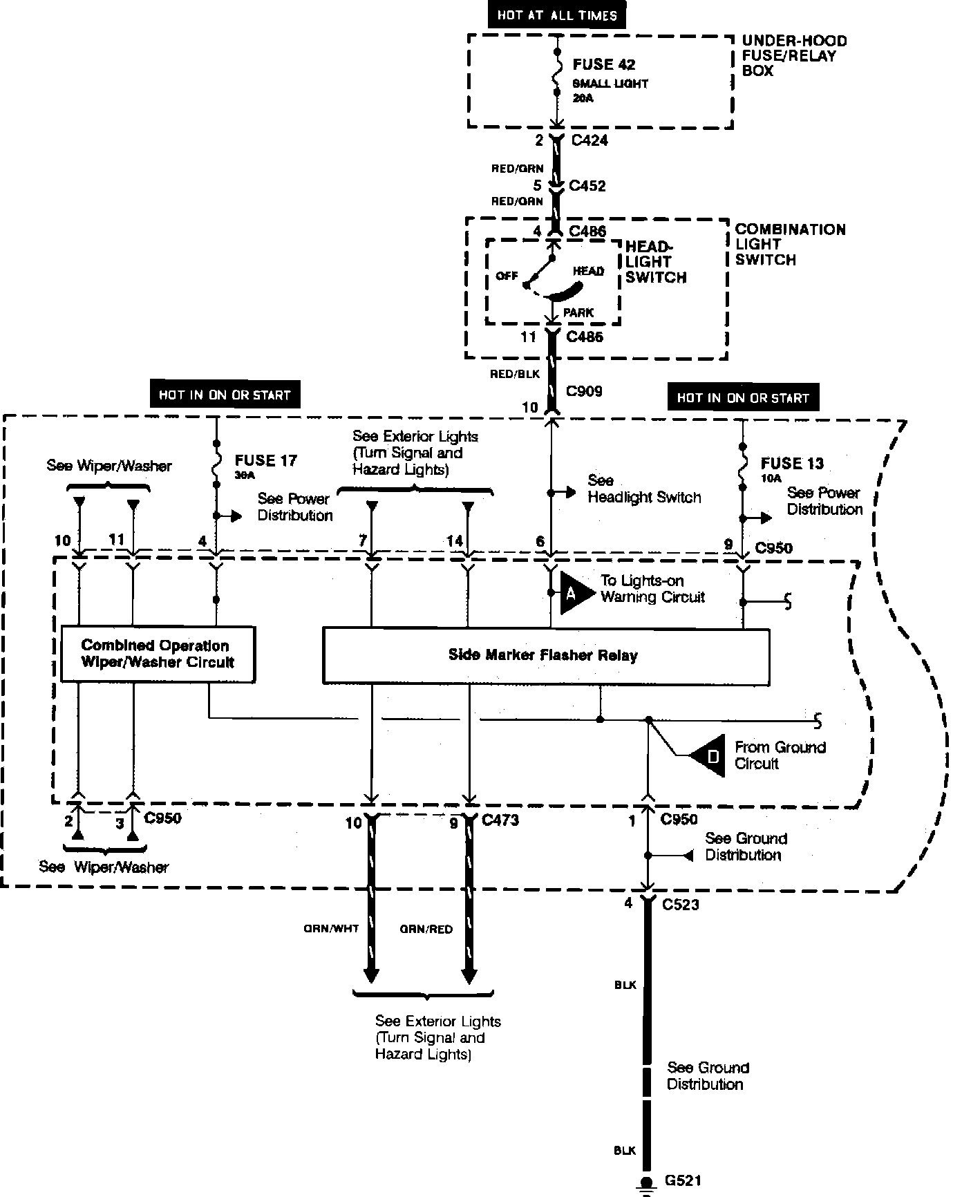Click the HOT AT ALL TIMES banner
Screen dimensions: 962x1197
(x=556, y=15)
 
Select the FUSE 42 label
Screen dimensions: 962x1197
(x=604, y=64)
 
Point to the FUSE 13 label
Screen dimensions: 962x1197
(x=792, y=463)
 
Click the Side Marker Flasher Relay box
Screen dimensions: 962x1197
(x=546, y=656)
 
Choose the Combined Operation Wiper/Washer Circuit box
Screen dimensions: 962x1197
(x=158, y=654)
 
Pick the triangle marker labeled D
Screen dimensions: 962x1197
(x=707, y=755)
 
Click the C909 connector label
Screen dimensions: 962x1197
(x=584, y=391)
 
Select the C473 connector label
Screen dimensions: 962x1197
(x=500, y=820)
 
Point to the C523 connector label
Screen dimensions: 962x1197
(x=680, y=904)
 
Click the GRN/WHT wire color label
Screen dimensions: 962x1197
(x=332, y=929)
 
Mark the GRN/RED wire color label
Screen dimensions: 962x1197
(x=426, y=930)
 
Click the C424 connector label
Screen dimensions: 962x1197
(x=590, y=140)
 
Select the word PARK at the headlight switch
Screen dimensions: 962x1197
(x=578, y=312)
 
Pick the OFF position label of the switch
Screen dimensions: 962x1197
(x=507, y=276)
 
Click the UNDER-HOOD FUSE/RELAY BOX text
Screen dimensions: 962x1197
(x=794, y=56)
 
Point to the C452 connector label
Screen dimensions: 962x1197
(x=587, y=185)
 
